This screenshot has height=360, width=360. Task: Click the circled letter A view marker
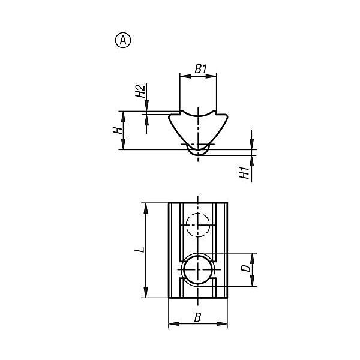(123, 40)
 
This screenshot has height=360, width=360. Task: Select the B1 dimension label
(200, 69)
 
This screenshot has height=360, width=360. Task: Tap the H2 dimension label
(140, 91)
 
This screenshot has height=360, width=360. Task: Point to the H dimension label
(118, 130)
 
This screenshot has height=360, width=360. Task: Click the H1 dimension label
(244, 173)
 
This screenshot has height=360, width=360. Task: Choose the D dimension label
(245, 268)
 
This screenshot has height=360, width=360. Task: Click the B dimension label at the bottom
(197, 317)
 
